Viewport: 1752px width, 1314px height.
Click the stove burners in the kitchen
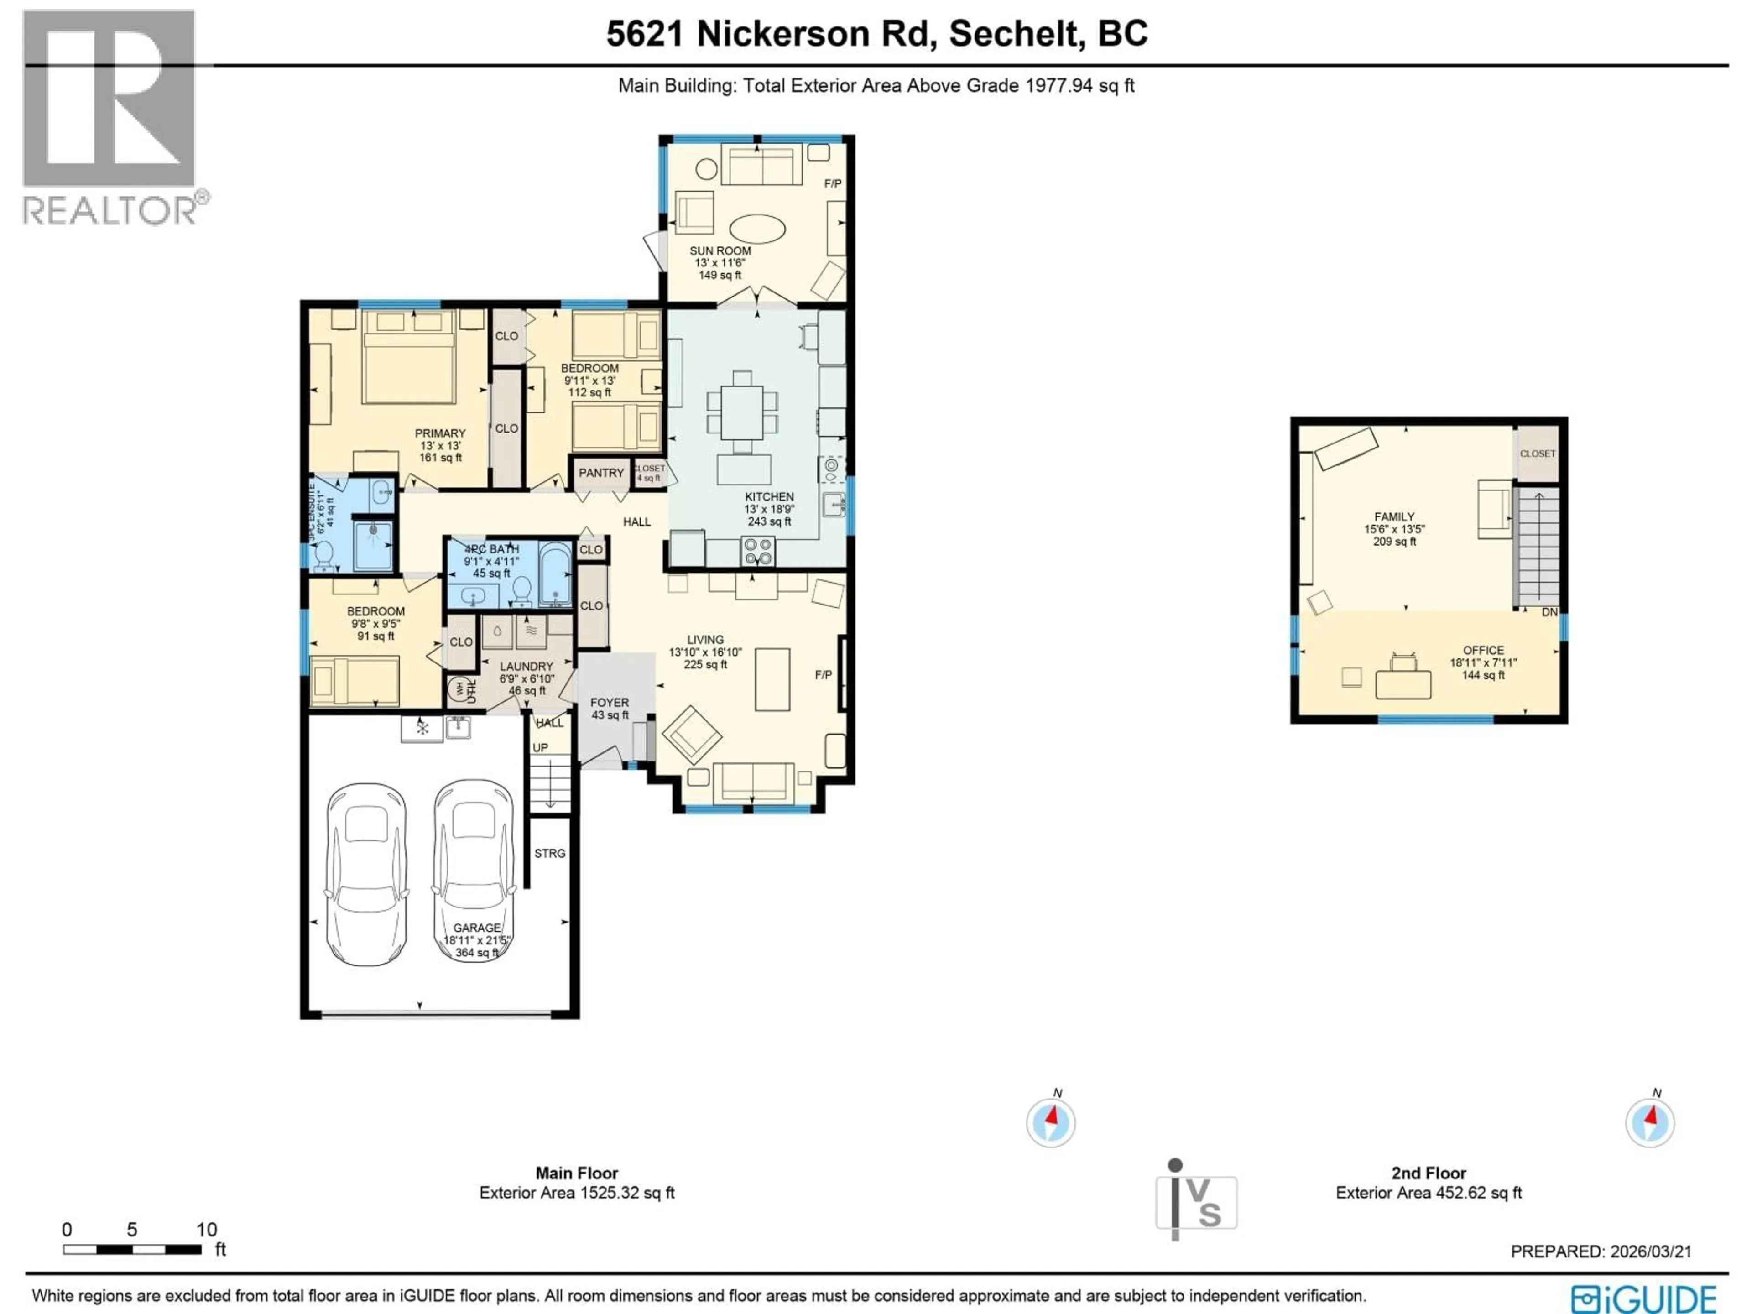click(x=757, y=551)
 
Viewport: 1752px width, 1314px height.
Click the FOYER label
click(x=609, y=703)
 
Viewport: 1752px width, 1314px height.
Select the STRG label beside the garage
click(x=550, y=853)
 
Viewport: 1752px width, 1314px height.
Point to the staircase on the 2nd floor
click(x=1538, y=547)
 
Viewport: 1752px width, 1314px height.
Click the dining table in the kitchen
click(x=742, y=412)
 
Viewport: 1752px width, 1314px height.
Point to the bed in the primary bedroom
click(x=409, y=358)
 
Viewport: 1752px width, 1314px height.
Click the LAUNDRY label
click(x=526, y=666)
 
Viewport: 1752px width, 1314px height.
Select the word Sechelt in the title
click(x=1016, y=33)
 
